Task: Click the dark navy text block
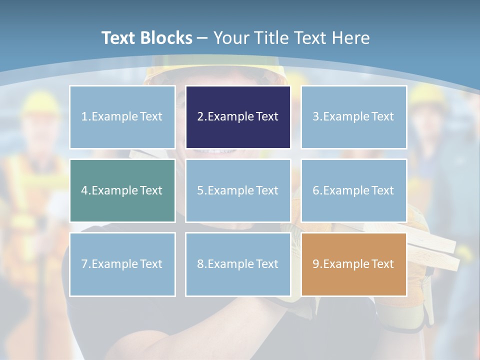(238, 117)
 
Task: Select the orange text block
(353, 264)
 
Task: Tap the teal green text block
(122, 190)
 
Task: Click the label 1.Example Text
(122, 117)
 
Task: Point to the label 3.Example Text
(353, 117)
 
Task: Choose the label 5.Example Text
(238, 190)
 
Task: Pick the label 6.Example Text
(353, 190)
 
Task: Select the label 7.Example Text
(122, 264)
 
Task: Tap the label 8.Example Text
(238, 264)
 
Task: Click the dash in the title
(202, 38)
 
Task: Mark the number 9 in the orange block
(316, 264)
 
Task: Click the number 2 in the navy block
(200, 117)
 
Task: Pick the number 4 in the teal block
(84, 190)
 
